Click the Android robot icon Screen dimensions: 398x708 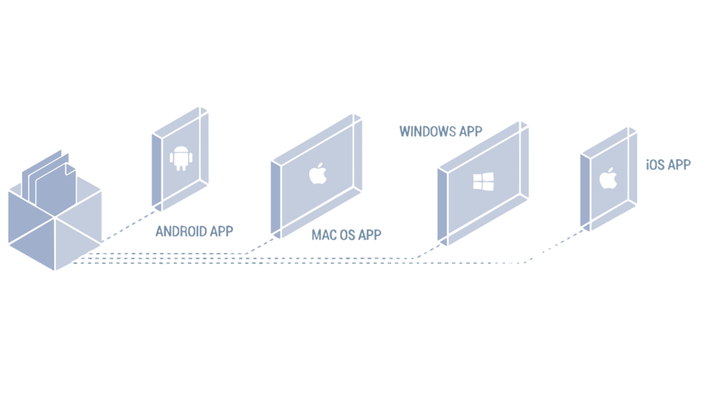pyautogui.click(x=181, y=158)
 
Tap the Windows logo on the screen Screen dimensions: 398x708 pyautogui.click(x=483, y=181)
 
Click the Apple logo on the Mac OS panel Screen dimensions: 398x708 pyautogui.click(x=318, y=173)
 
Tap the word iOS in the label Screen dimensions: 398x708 pyautogui.click(x=656, y=165)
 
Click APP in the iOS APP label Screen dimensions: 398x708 pyautogui.click(x=679, y=165)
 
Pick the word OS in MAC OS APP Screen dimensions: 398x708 pyautogui.click(x=348, y=235)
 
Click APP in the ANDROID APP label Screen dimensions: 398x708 pyautogui.click(x=220, y=231)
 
